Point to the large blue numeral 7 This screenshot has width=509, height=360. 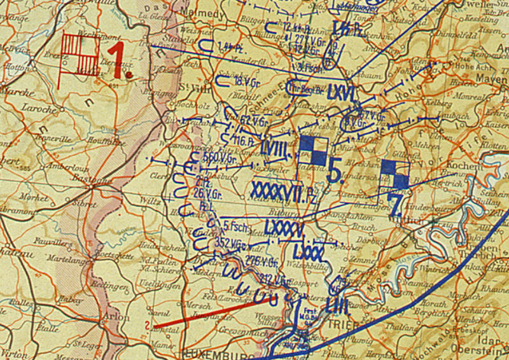394,205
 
